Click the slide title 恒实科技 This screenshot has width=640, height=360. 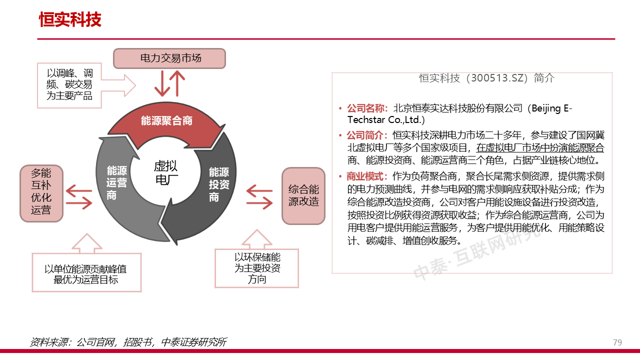pos(70,19)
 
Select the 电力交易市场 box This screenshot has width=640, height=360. pos(169,58)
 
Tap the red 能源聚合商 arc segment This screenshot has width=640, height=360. pos(166,121)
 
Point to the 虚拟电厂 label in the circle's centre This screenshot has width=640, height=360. pos(165,173)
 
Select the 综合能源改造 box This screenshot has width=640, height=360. pos(303,195)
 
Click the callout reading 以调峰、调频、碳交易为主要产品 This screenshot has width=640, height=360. pos(69,84)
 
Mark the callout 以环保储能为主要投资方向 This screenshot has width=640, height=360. pos(257,268)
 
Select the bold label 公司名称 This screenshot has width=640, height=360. pos(367,108)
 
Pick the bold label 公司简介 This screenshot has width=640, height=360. pos(367,135)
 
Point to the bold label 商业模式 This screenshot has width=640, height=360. pos(367,176)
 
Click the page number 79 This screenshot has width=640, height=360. pos(617,342)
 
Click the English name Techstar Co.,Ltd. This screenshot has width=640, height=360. pos(386,120)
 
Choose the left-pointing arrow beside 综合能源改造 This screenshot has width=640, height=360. pos(259,190)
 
